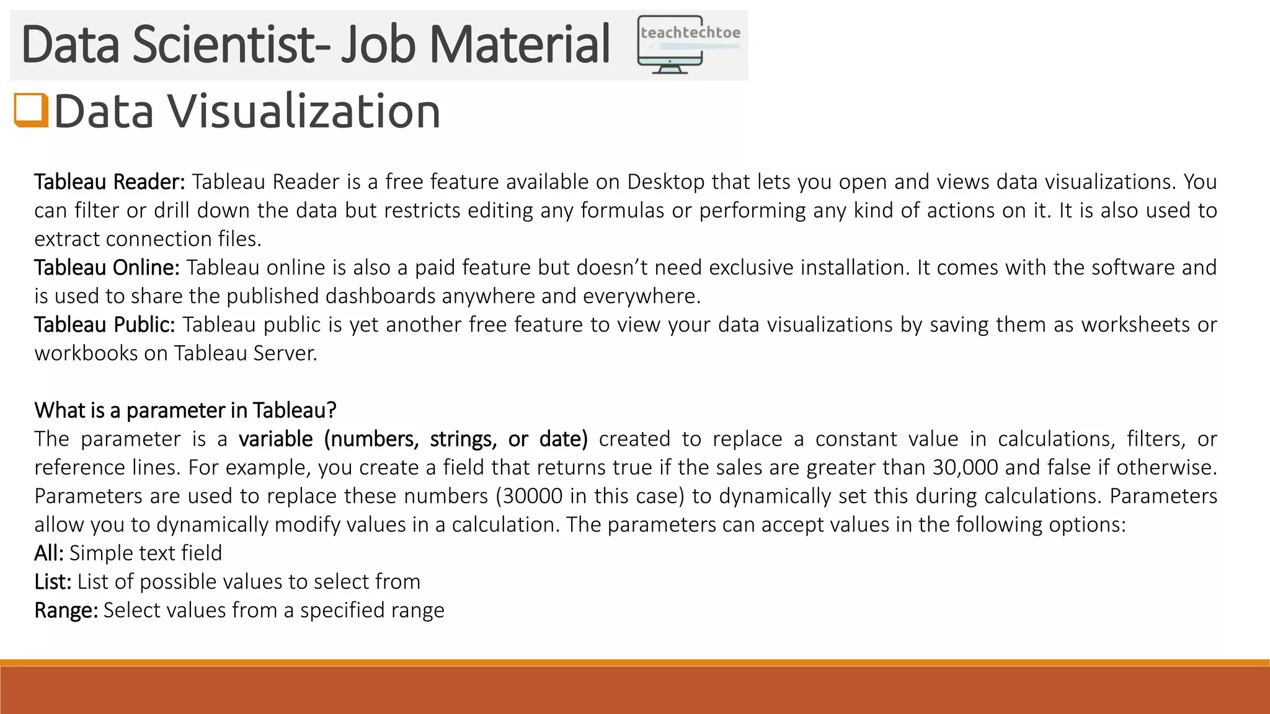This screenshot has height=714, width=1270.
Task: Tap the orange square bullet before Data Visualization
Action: (x=31, y=110)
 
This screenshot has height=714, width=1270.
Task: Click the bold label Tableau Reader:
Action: (x=110, y=182)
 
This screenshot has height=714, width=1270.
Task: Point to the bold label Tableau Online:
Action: (x=107, y=268)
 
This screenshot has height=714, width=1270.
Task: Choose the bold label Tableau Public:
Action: (x=105, y=325)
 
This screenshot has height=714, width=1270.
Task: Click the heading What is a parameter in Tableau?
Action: (x=185, y=410)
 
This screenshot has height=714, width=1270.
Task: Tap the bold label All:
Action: (x=49, y=553)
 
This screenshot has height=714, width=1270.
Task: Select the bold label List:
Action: (x=53, y=581)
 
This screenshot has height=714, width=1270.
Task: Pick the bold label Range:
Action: (x=66, y=610)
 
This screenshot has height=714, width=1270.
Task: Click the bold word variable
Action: (x=276, y=439)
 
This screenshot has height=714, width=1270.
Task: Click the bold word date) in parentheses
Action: (x=563, y=439)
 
